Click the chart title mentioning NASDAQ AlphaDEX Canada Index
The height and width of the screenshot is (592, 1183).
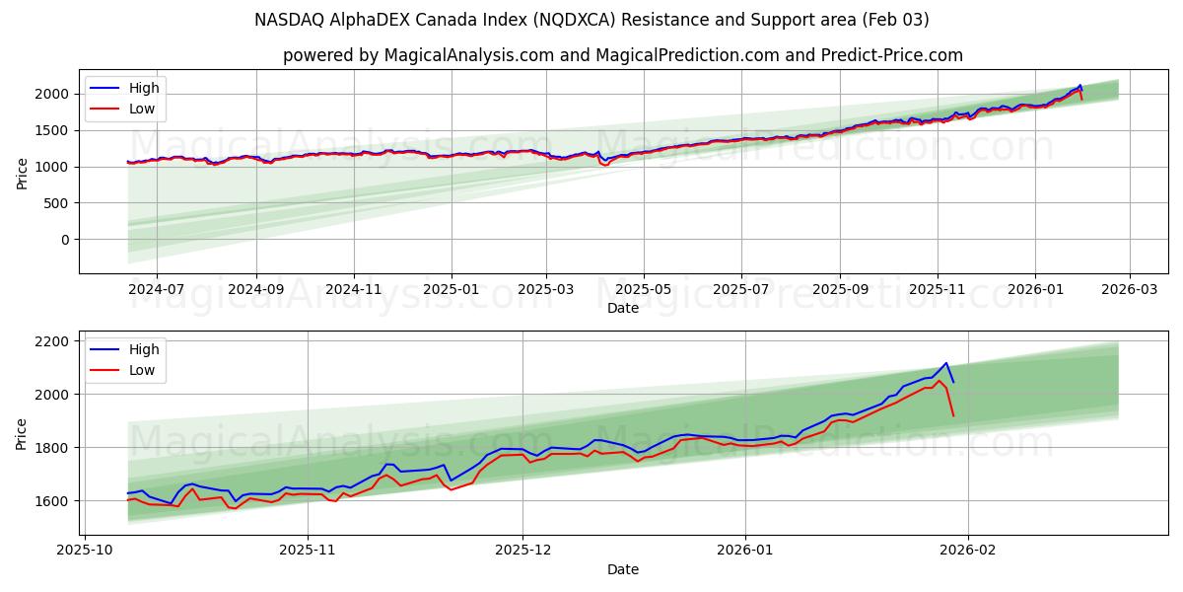pyautogui.click(x=591, y=20)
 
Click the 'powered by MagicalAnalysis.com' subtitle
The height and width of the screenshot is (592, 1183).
pyautogui.click(x=623, y=55)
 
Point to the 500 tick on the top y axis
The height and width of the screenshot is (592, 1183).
pyautogui.click(x=56, y=203)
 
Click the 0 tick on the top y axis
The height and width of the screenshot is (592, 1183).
pyautogui.click(x=65, y=240)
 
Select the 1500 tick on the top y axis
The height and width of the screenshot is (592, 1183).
pyautogui.click(x=52, y=130)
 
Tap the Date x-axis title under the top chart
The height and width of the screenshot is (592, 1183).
pyautogui.click(x=623, y=308)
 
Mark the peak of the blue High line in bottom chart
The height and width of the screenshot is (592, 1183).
pyautogui.click(x=945, y=363)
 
